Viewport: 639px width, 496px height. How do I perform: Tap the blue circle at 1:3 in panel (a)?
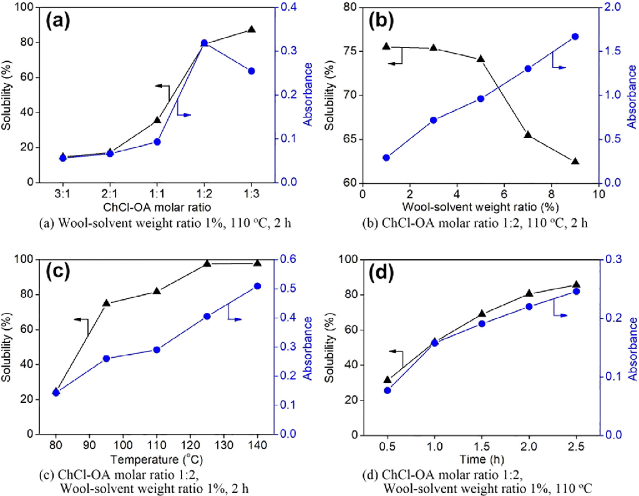point(251,71)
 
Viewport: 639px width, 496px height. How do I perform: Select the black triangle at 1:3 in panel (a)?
point(251,29)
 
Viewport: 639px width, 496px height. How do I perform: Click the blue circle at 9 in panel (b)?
point(575,37)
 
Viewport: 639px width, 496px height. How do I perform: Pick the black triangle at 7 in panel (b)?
point(528,134)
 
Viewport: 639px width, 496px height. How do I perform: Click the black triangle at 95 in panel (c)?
point(106,303)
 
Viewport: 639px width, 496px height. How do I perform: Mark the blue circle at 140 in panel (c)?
point(257,286)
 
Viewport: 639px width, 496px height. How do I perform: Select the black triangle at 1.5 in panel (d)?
point(482,314)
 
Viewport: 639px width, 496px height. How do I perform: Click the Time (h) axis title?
point(480,459)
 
